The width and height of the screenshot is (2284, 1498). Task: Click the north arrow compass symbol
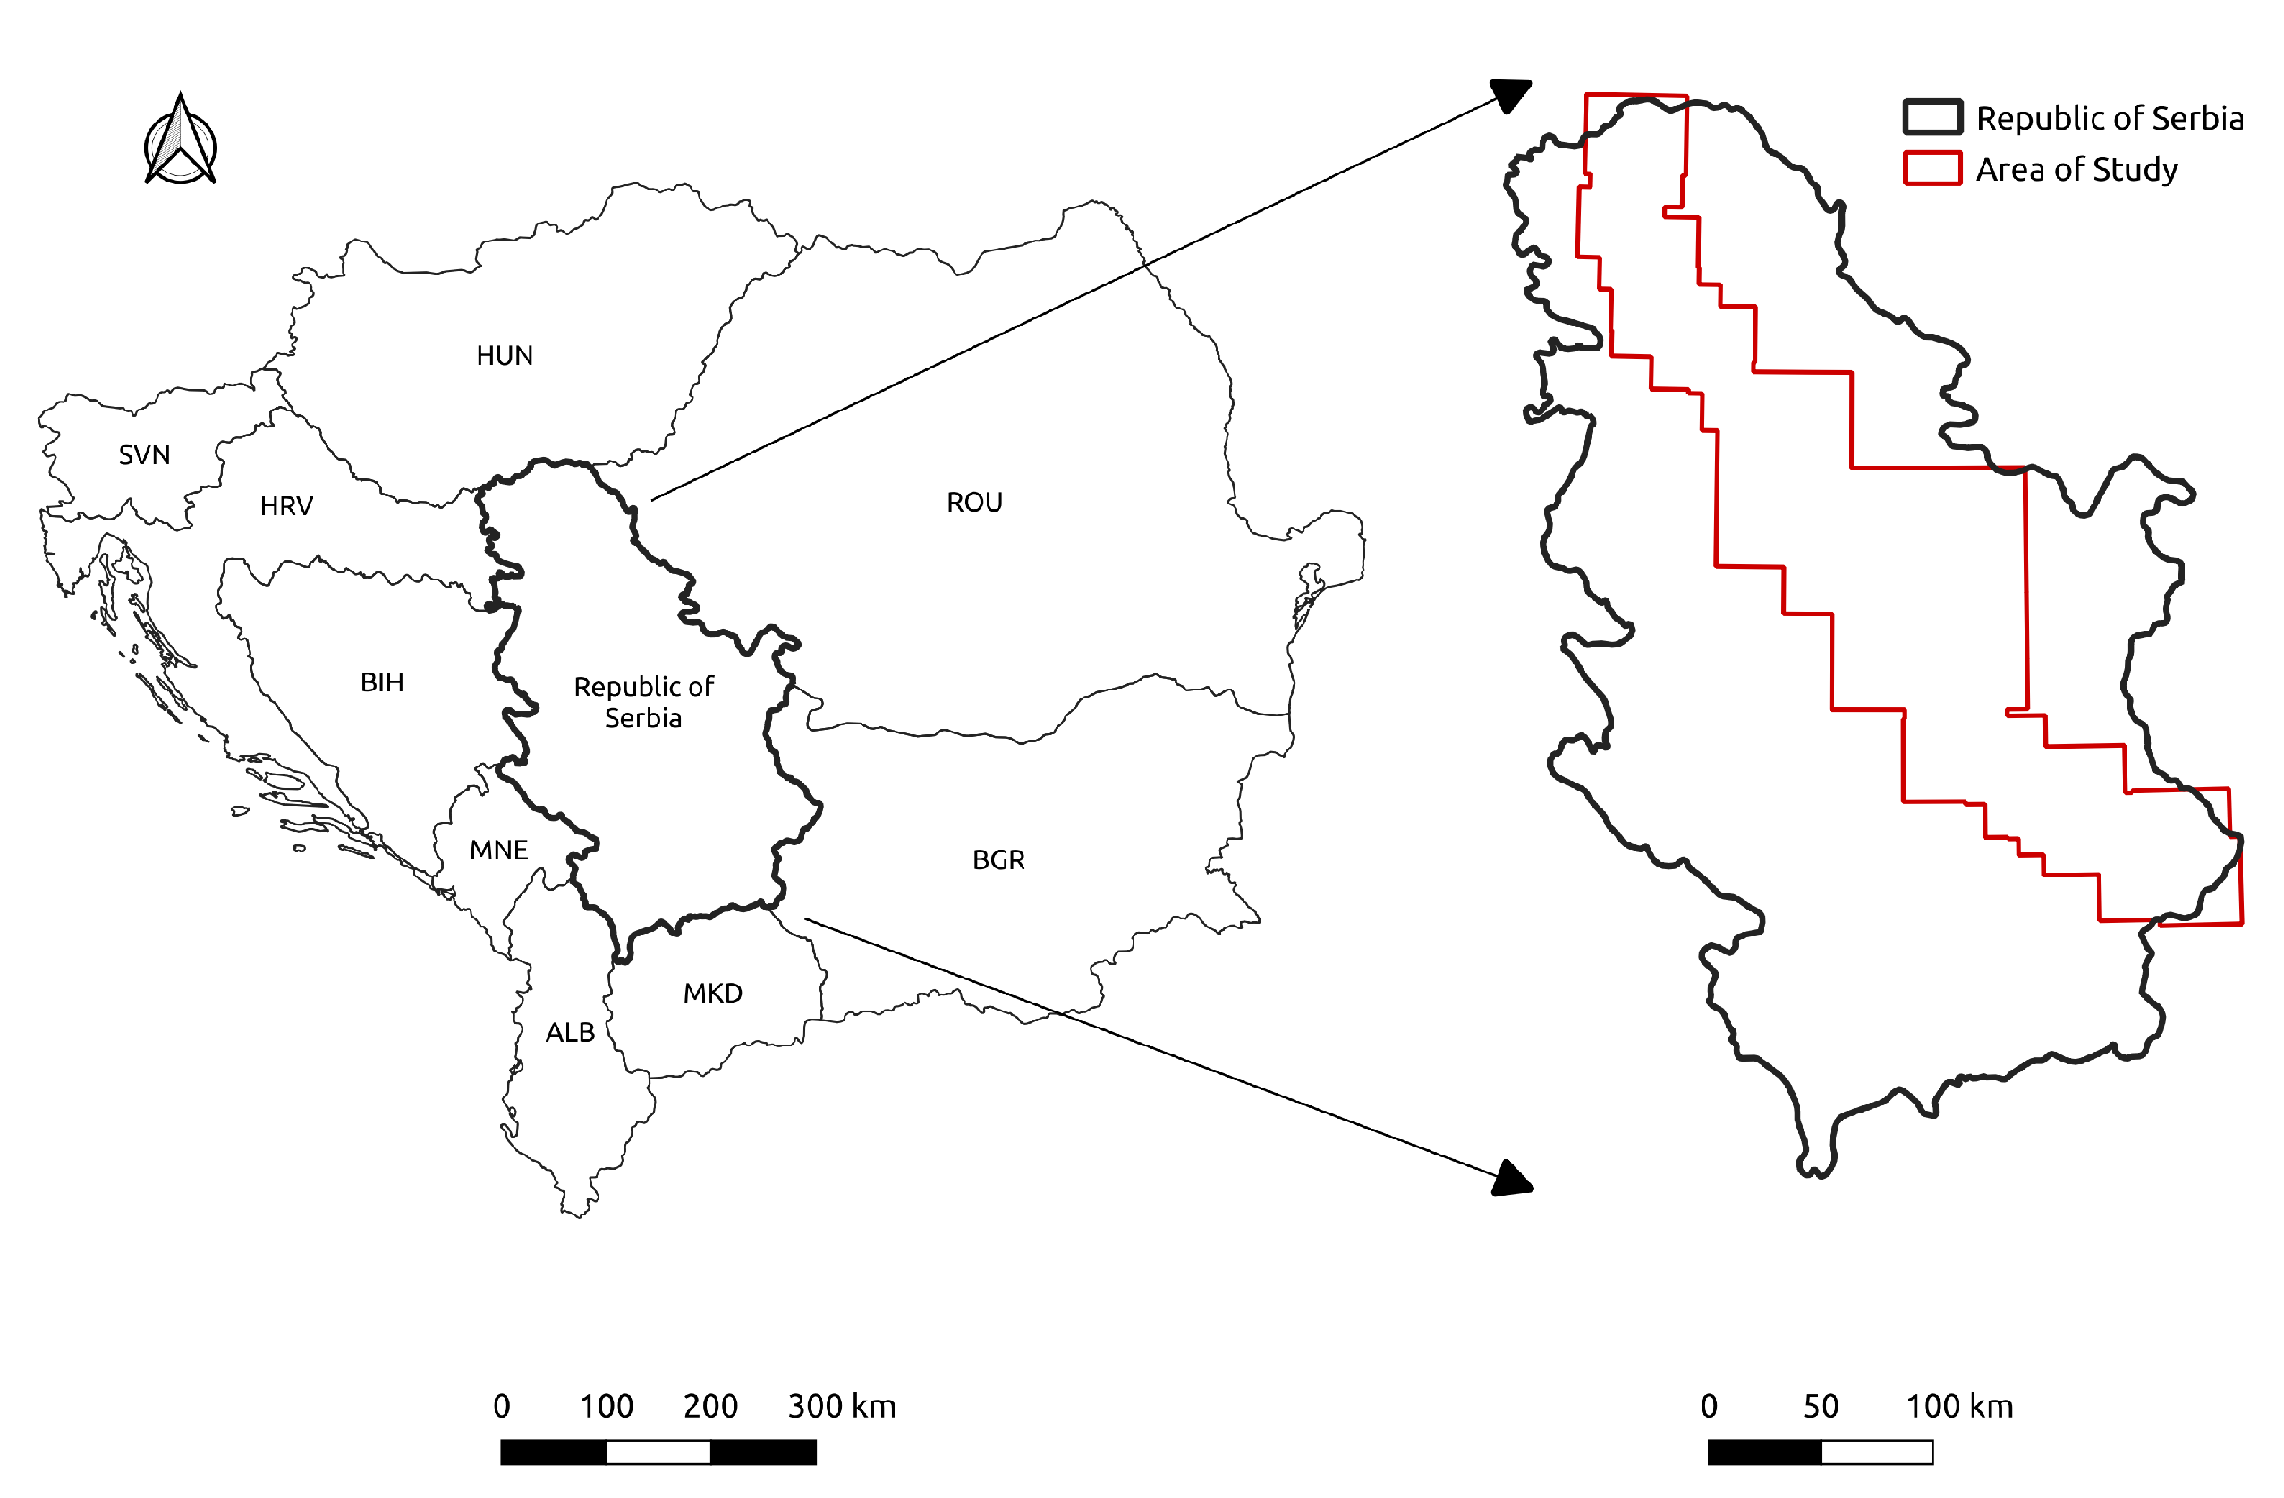[181, 141]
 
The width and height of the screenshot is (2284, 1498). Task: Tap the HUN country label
[505, 356]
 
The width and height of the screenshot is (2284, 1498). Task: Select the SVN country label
[145, 455]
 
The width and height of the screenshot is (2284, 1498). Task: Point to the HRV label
[287, 505]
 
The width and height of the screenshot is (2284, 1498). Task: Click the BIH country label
[382, 682]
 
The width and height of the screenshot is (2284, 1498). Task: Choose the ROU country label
[974, 502]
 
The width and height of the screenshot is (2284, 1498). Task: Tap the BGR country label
[998, 859]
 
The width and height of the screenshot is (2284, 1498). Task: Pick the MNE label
[498, 851]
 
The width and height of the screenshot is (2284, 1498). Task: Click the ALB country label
[570, 1033]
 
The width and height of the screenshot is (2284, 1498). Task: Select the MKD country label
[712, 994]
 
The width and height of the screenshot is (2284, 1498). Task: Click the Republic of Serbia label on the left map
[644, 702]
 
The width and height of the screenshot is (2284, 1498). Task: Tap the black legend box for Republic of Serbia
[1932, 117]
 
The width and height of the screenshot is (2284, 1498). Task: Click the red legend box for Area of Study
[1932, 168]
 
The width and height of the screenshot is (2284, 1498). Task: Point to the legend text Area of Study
[2076, 170]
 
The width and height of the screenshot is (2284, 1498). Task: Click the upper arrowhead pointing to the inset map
[1510, 95]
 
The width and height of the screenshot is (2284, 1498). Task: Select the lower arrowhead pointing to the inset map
[1513, 1180]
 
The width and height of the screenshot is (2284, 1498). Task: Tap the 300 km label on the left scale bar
[842, 1407]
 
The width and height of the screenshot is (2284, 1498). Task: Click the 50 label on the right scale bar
[1821, 1407]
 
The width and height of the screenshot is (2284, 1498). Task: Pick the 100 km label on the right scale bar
[1958, 1407]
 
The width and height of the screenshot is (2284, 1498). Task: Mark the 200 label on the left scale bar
[710, 1407]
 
